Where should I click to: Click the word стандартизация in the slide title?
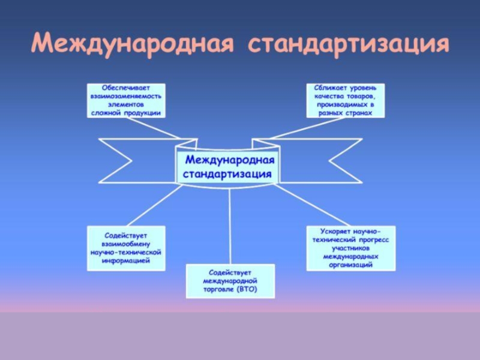[x=349, y=43]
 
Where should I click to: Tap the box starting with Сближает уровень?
[x=345, y=100]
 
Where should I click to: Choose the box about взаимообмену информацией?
[x=126, y=248]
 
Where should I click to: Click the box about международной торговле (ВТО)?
[x=230, y=281]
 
